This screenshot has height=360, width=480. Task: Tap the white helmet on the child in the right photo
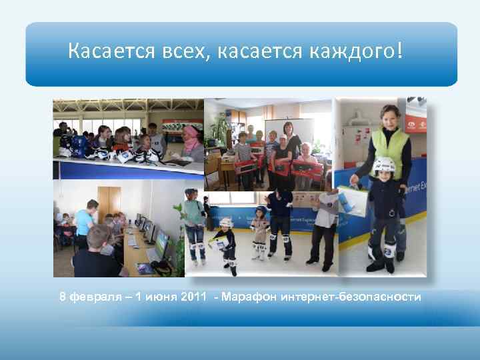[x=383, y=165]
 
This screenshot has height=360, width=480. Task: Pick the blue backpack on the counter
[x=79, y=145]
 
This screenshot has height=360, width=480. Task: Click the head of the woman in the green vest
[x=389, y=115]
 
